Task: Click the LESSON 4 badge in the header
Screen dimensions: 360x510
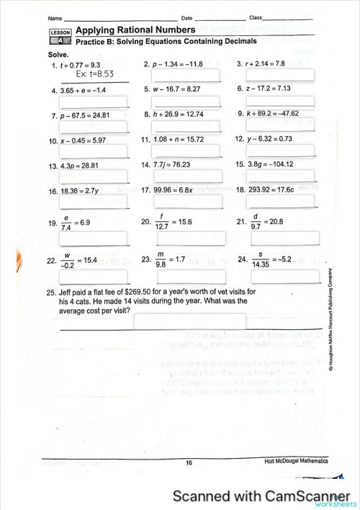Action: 60,37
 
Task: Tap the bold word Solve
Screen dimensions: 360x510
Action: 58,55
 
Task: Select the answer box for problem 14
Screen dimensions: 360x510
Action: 187,176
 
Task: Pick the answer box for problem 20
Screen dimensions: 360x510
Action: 187,238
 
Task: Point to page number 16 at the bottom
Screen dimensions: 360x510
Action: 189,463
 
